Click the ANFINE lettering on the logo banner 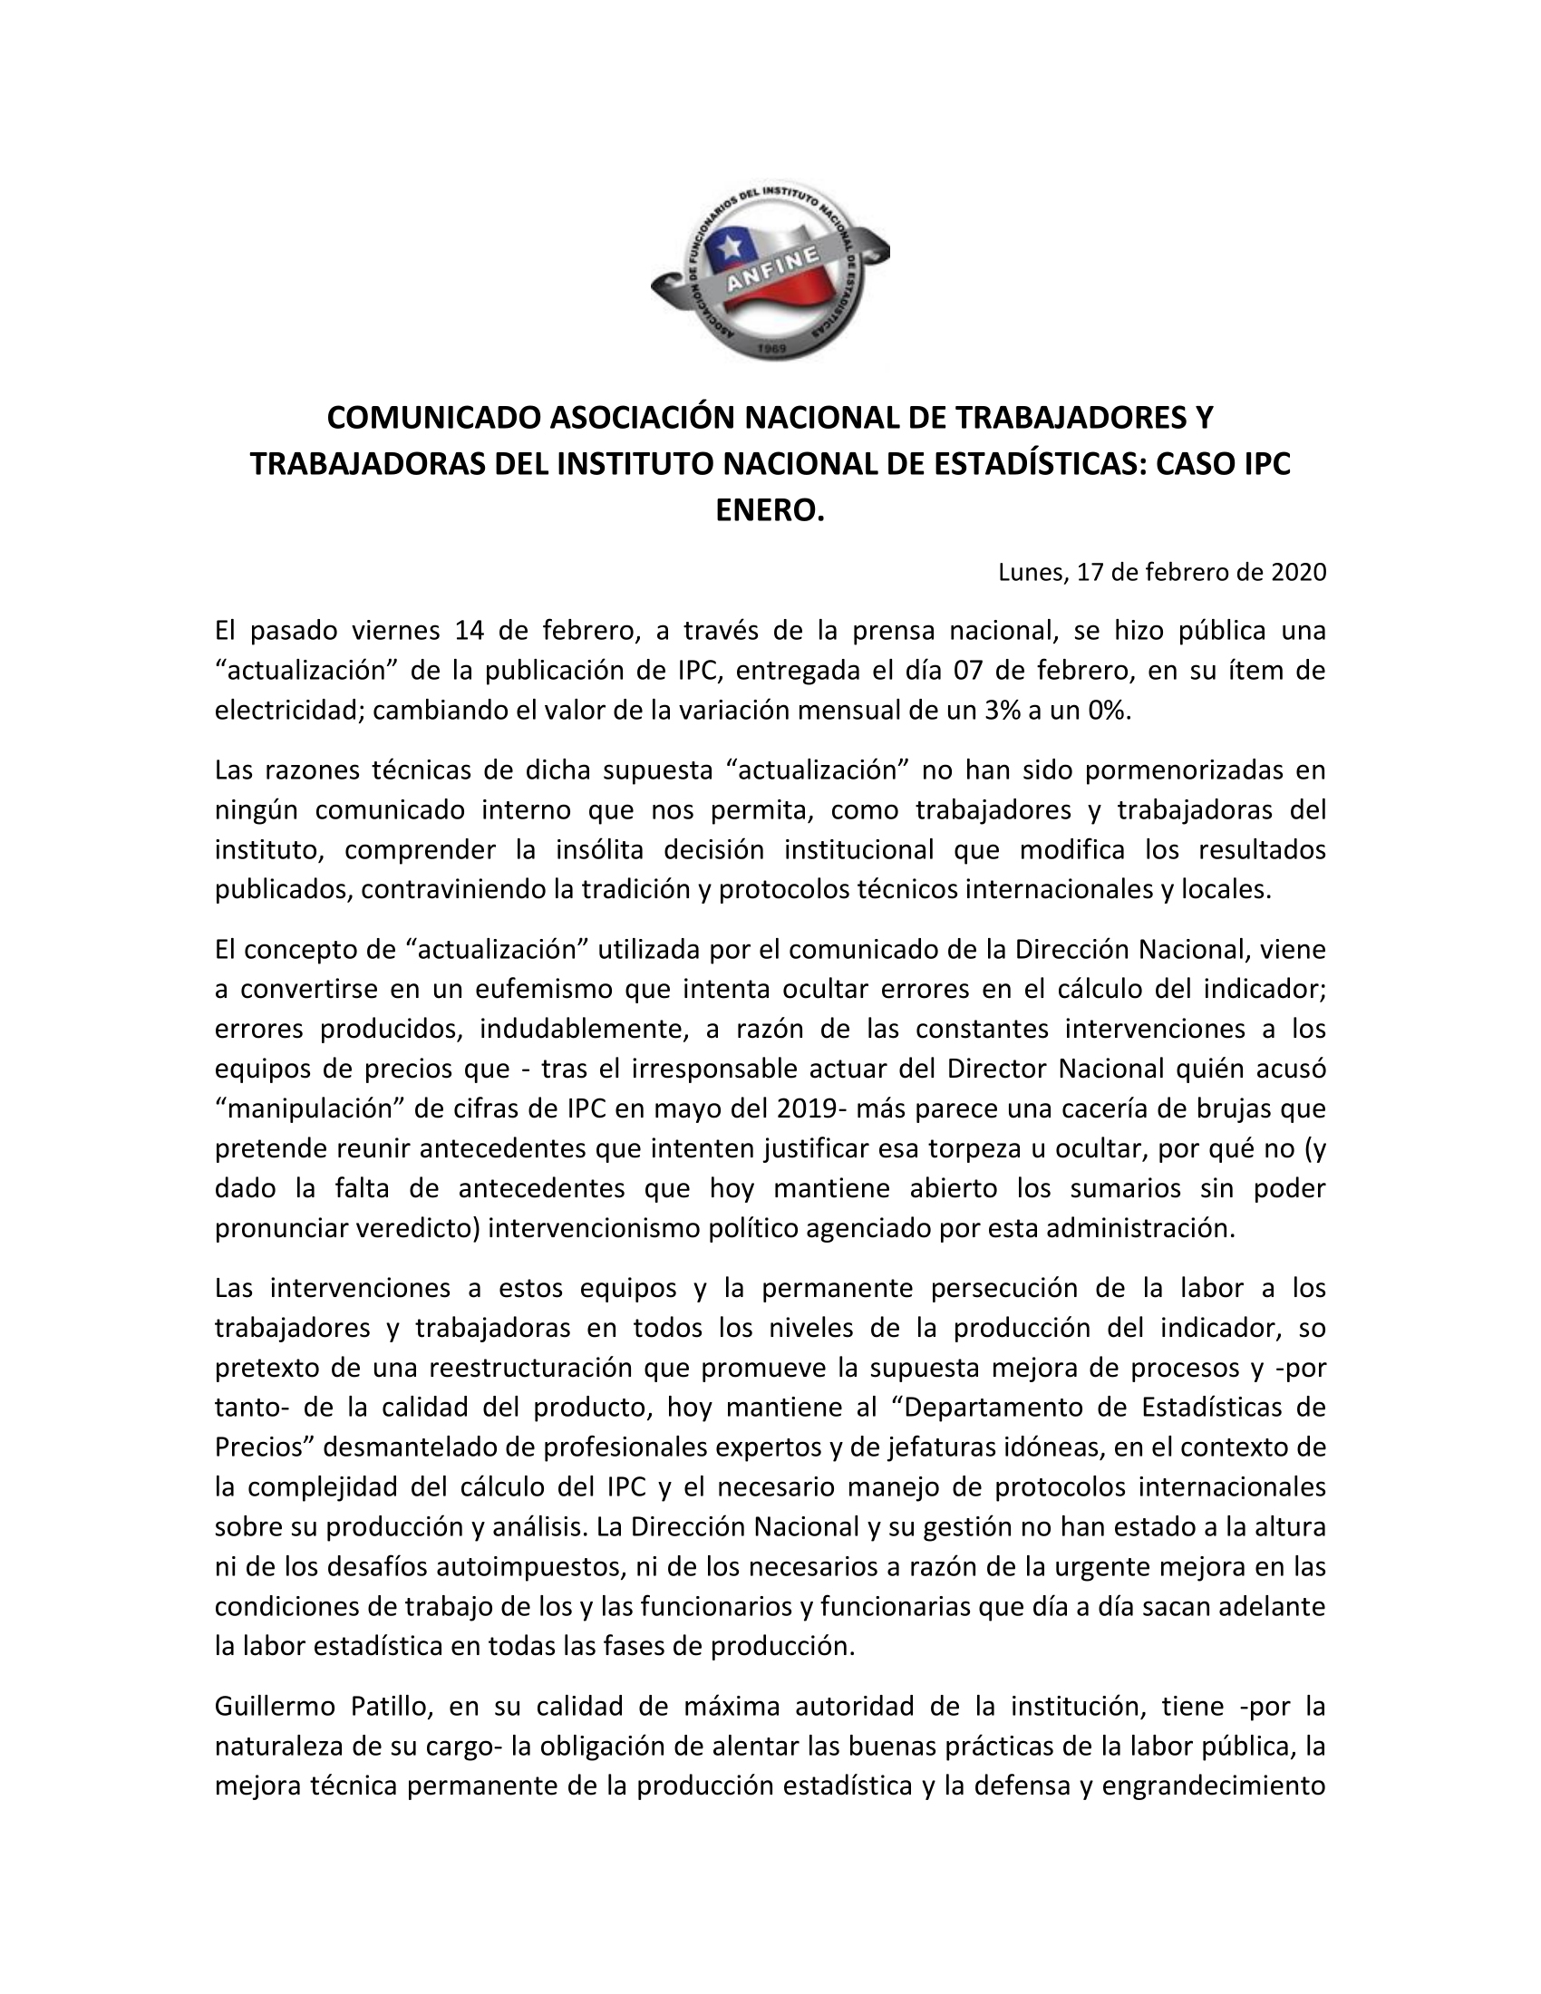[x=771, y=270]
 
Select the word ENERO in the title [x=770, y=509]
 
